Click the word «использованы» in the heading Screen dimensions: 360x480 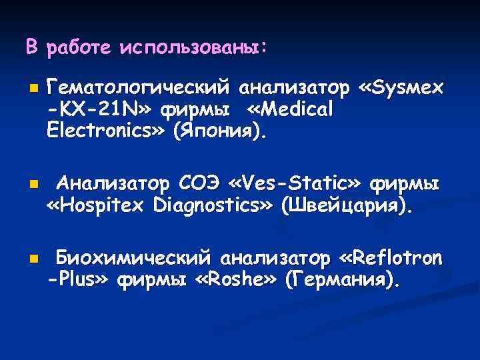point(193,47)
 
